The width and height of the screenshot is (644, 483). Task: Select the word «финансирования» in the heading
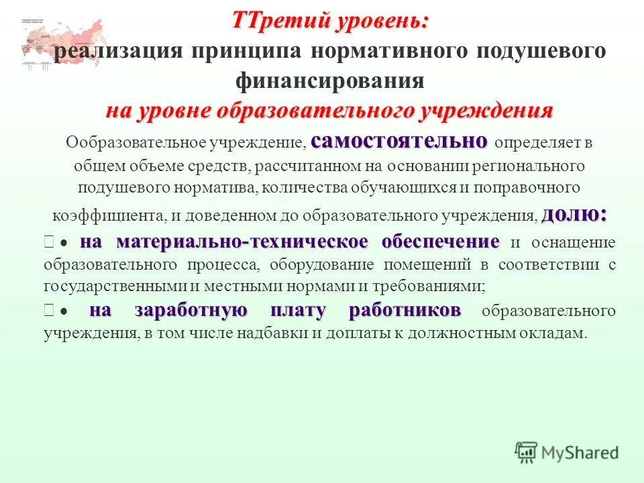click(330, 81)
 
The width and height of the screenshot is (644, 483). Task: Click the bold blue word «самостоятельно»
click(400, 141)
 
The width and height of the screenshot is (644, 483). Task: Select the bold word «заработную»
click(191, 311)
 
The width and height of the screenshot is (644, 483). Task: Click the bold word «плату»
click(299, 311)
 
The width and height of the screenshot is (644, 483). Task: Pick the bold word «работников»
click(405, 311)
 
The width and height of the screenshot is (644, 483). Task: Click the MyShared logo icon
click(527, 451)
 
